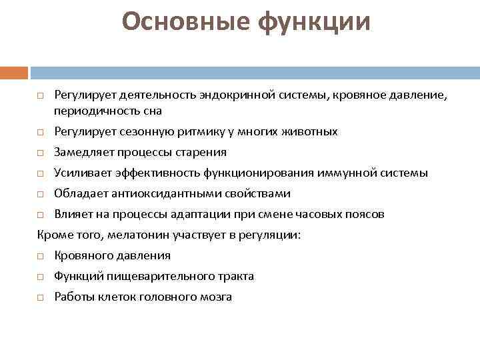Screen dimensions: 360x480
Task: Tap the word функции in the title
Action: [x=313, y=22]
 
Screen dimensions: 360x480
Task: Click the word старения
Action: [x=203, y=152]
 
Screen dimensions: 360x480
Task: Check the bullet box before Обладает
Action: [x=40, y=194]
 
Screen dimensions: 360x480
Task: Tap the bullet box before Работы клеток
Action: [x=40, y=297]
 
